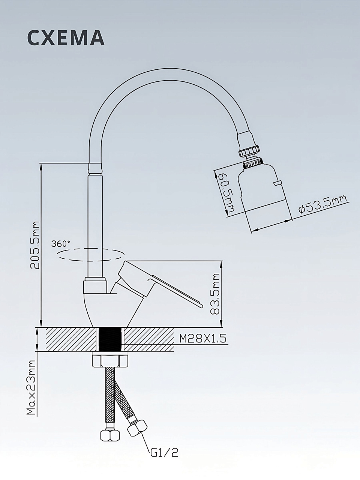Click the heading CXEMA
coord(66,37)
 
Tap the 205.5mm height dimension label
coord(35,245)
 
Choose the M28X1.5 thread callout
coord(203,339)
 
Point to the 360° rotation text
coord(61,244)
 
